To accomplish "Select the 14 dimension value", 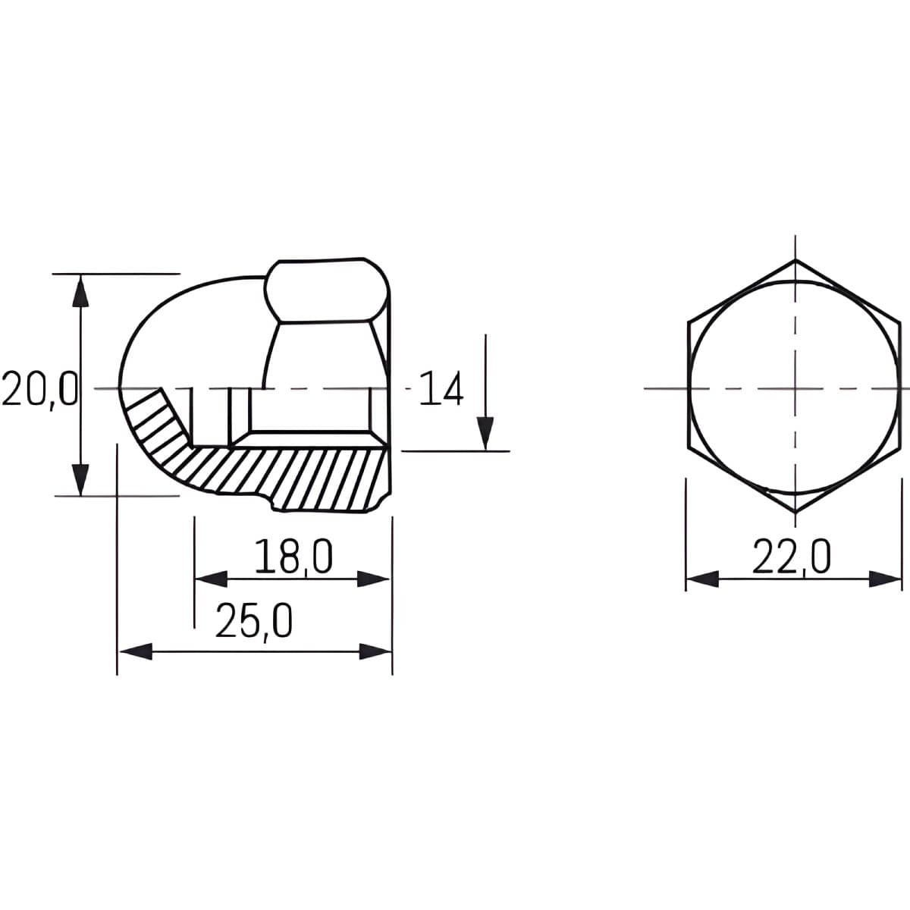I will (441, 389).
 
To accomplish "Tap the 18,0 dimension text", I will (293, 557).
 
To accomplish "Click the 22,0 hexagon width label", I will (792, 557).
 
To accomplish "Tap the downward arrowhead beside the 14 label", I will (485, 434).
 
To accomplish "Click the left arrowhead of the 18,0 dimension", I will (211, 579).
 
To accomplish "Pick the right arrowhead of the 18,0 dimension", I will (373, 579).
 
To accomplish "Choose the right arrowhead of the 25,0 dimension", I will (375, 651).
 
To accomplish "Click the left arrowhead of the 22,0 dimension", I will (702, 579).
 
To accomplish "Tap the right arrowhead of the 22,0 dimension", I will (886, 579).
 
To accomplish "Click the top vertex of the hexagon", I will (795, 261).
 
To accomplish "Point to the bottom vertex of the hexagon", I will (795, 514).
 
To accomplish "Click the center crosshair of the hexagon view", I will (795, 388).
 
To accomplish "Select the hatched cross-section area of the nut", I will (288, 474).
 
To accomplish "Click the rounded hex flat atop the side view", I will (326, 291).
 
